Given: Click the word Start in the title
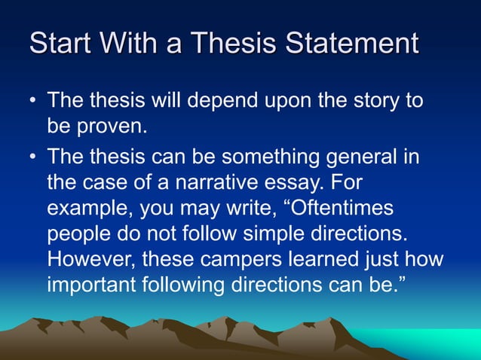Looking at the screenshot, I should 63,43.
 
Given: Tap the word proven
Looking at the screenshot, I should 112,127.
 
